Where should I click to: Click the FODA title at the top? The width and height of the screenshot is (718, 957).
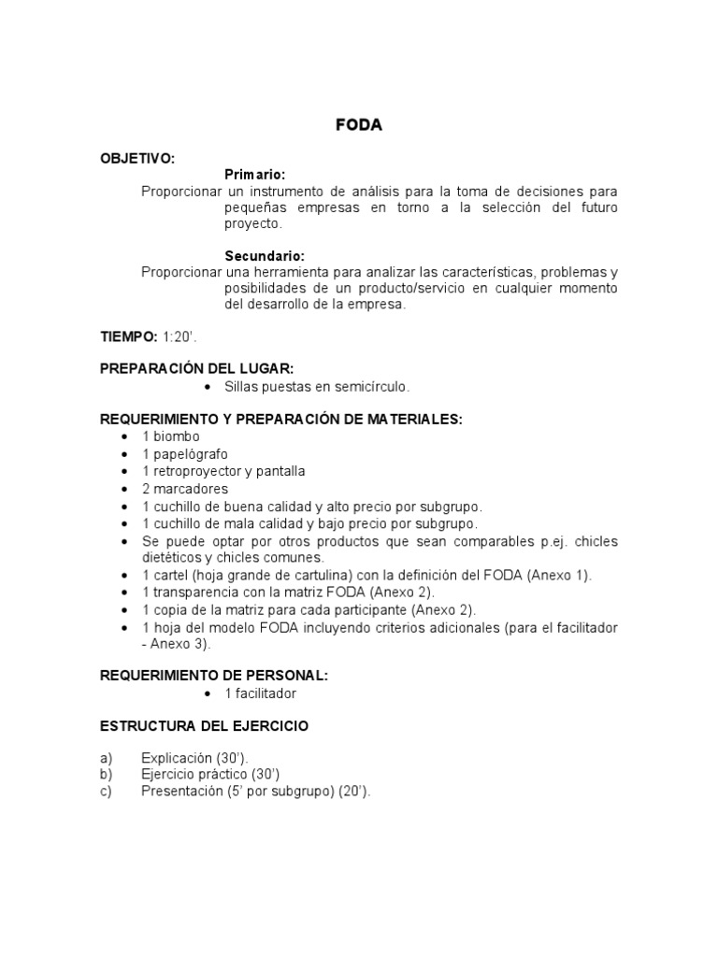[359, 126]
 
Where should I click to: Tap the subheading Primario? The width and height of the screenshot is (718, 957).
[255, 175]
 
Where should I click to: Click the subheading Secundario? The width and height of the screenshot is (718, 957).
[265, 255]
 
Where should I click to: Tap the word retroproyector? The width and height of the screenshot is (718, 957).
[195, 471]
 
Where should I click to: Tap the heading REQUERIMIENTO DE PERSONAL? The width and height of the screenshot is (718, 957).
[214, 676]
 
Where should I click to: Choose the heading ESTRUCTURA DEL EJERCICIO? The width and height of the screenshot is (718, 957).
[204, 725]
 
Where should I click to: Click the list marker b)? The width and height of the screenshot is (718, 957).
[107, 774]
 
